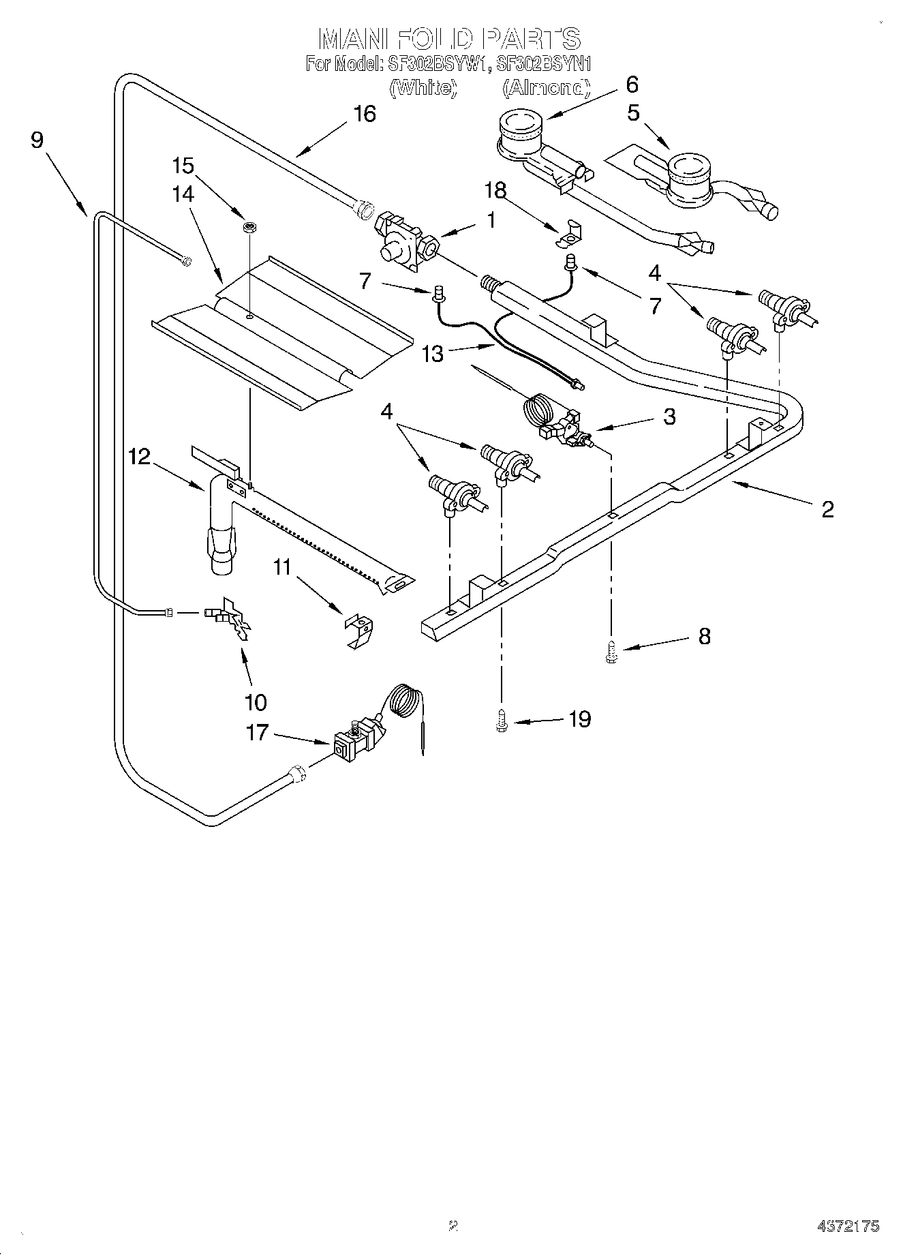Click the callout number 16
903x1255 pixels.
pos(365,114)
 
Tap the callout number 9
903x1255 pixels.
pos(37,140)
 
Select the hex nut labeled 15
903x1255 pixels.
pos(249,227)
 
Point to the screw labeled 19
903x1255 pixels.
pos(502,723)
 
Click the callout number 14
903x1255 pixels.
pos(183,194)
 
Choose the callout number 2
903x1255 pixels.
pos(827,509)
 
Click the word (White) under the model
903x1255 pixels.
pos(422,88)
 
